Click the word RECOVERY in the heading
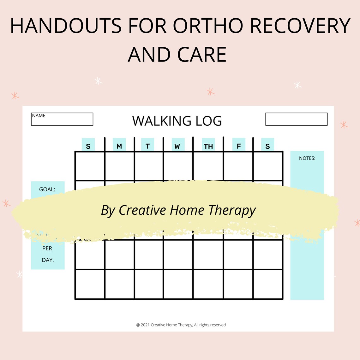[x=300, y=26]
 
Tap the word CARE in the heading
[x=202, y=55]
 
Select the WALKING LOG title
[x=177, y=121]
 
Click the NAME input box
[x=62, y=119]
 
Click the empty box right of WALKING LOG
[x=296, y=119]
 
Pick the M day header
[x=119, y=146]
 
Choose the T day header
[x=147, y=146]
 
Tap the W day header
[x=177, y=146]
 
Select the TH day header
[x=208, y=146]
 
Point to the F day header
[x=239, y=146]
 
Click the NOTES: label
[x=307, y=158]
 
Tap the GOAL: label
[x=47, y=189]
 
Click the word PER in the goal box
[x=47, y=249]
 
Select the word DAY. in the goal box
[x=48, y=260]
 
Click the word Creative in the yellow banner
[x=142, y=210]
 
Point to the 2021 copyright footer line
[x=181, y=325]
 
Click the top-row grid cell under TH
[x=208, y=166]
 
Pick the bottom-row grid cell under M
[x=119, y=284]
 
